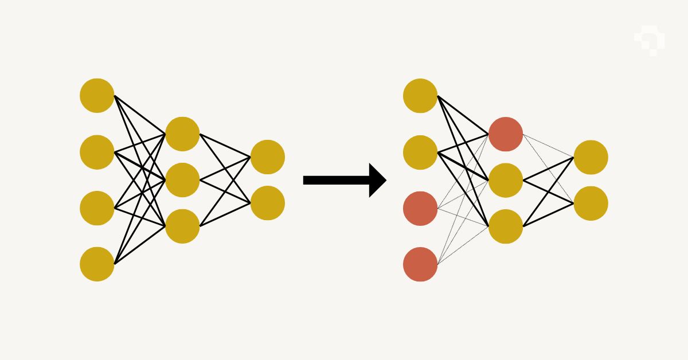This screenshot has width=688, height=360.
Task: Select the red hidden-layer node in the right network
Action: (x=506, y=134)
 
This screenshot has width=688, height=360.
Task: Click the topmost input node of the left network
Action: (x=97, y=96)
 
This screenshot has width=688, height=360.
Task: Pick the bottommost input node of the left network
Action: (x=97, y=264)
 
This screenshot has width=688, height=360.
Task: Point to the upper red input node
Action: (x=420, y=208)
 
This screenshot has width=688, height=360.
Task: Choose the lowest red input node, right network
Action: (x=420, y=264)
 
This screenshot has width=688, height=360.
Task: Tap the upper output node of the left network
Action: (x=268, y=157)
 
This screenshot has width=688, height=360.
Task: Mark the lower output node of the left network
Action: (x=268, y=203)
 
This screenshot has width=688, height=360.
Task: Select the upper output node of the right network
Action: (x=591, y=157)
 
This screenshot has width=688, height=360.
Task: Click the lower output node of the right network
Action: (x=591, y=203)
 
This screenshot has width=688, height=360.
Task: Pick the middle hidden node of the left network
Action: (x=182, y=180)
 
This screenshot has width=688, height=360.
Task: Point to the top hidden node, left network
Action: (x=182, y=134)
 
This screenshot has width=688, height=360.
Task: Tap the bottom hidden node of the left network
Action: (x=182, y=226)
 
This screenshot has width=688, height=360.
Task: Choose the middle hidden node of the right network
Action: (x=506, y=180)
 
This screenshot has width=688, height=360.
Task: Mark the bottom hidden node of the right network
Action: (x=506, y=226)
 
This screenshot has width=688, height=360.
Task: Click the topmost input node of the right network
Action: (x=420, y=96)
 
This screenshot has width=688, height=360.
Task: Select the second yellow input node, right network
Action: (x=420, y=152)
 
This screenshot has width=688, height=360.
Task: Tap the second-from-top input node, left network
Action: (x=97, y=152)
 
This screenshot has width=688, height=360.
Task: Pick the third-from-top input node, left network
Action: (x=97, y=208)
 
